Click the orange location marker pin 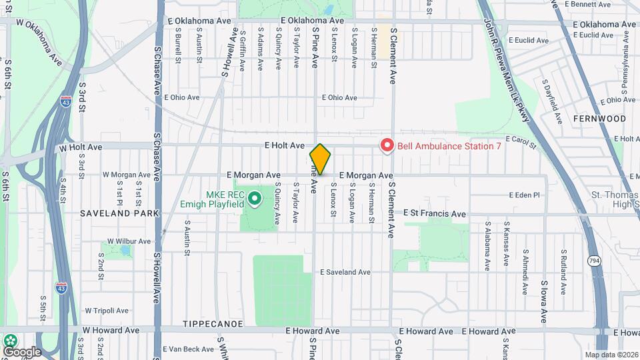point(321,159)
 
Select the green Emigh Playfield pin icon point(254,198)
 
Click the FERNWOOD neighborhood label point(599,118)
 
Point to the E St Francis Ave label point(435,213)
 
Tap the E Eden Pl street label point(523,195)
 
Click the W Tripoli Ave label point(106,311)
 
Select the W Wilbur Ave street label point(129,241)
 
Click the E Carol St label point(521,140)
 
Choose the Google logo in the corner point(21,351)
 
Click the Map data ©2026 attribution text point(611,355)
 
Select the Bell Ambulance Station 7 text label point(449,145)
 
